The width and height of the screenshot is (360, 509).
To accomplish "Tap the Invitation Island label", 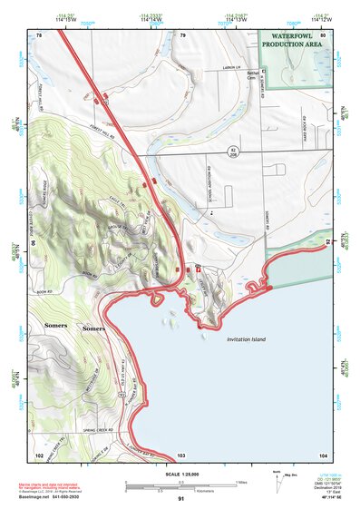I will point(246,338).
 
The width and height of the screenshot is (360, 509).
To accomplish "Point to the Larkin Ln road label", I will point(235,67).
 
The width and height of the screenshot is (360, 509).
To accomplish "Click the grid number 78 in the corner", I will point(39,35).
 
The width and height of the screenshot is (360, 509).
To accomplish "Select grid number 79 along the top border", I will point(182,35).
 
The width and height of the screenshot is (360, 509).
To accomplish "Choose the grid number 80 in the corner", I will point(323,35).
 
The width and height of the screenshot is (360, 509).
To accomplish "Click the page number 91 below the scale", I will point(181,499).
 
